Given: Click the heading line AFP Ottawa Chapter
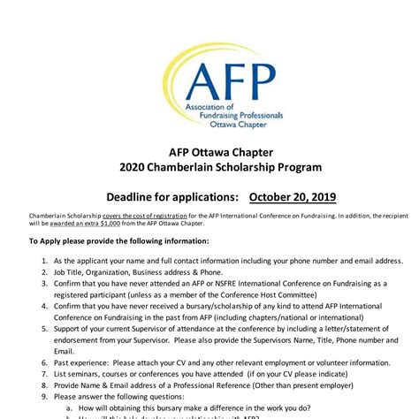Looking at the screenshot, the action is (x=209, y=149).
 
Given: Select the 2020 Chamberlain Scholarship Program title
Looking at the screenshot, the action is (x=209, y=167).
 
